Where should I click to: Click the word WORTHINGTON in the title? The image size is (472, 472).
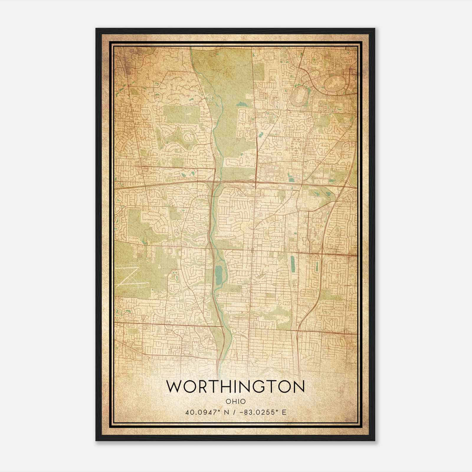tap(235, 387)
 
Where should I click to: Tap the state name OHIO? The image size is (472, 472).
tap(235, 401)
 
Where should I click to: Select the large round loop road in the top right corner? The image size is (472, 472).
tap(335, 84)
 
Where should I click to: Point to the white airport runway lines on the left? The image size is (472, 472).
tap(130, 277)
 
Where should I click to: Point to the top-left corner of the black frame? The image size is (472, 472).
tap(96, 29)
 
